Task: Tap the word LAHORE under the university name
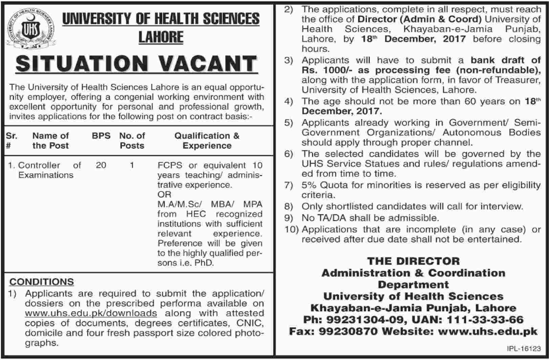[x=161, y=37]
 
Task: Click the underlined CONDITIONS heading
[x=42, y=282]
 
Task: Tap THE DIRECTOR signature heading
[x=414, y=261]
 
